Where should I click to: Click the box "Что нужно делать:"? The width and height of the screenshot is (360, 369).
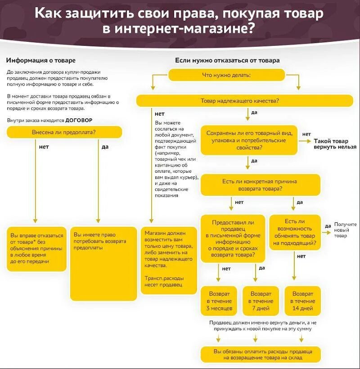(226, 75)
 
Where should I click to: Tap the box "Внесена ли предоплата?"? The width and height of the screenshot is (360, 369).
(64, 132)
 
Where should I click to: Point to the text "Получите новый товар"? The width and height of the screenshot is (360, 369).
(345, 230)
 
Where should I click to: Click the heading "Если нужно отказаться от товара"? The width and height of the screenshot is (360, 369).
(227, 60)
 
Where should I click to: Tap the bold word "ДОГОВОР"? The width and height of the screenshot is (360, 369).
(79, 121)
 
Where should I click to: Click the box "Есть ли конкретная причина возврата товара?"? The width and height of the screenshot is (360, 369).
(260, 185)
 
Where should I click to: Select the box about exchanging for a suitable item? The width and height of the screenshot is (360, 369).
(295, 233)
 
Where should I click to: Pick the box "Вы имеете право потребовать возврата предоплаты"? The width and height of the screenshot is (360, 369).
(104, 263)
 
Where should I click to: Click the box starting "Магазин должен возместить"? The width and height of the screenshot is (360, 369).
(169, 260)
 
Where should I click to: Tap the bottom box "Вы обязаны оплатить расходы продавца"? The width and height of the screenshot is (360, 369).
(261, 354)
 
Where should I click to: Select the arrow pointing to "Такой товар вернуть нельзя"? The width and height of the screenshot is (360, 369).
(306, 141)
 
